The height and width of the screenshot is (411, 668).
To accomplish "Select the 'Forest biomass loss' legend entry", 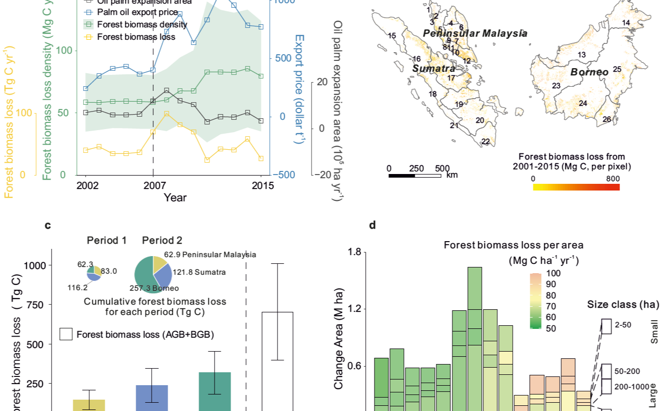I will (x=136, y=37).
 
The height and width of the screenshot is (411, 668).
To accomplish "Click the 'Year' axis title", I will (x=175, y=197).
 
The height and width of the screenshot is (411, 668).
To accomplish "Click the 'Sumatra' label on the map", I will (x=433, y=68).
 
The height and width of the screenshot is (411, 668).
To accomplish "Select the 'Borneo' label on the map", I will (x=589, y=72).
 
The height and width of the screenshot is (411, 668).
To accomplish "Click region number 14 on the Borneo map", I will (x=626, y=23).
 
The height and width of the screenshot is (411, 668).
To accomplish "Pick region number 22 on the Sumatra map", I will (x=485, y=141).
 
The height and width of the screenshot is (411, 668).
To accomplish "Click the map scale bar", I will (x=415, y=176).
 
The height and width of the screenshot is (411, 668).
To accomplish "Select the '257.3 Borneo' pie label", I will (x=156, y=288).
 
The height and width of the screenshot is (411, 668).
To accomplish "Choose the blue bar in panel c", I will (x=152, y=398).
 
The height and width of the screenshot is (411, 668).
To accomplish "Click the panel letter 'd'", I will (x=372, y=225).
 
